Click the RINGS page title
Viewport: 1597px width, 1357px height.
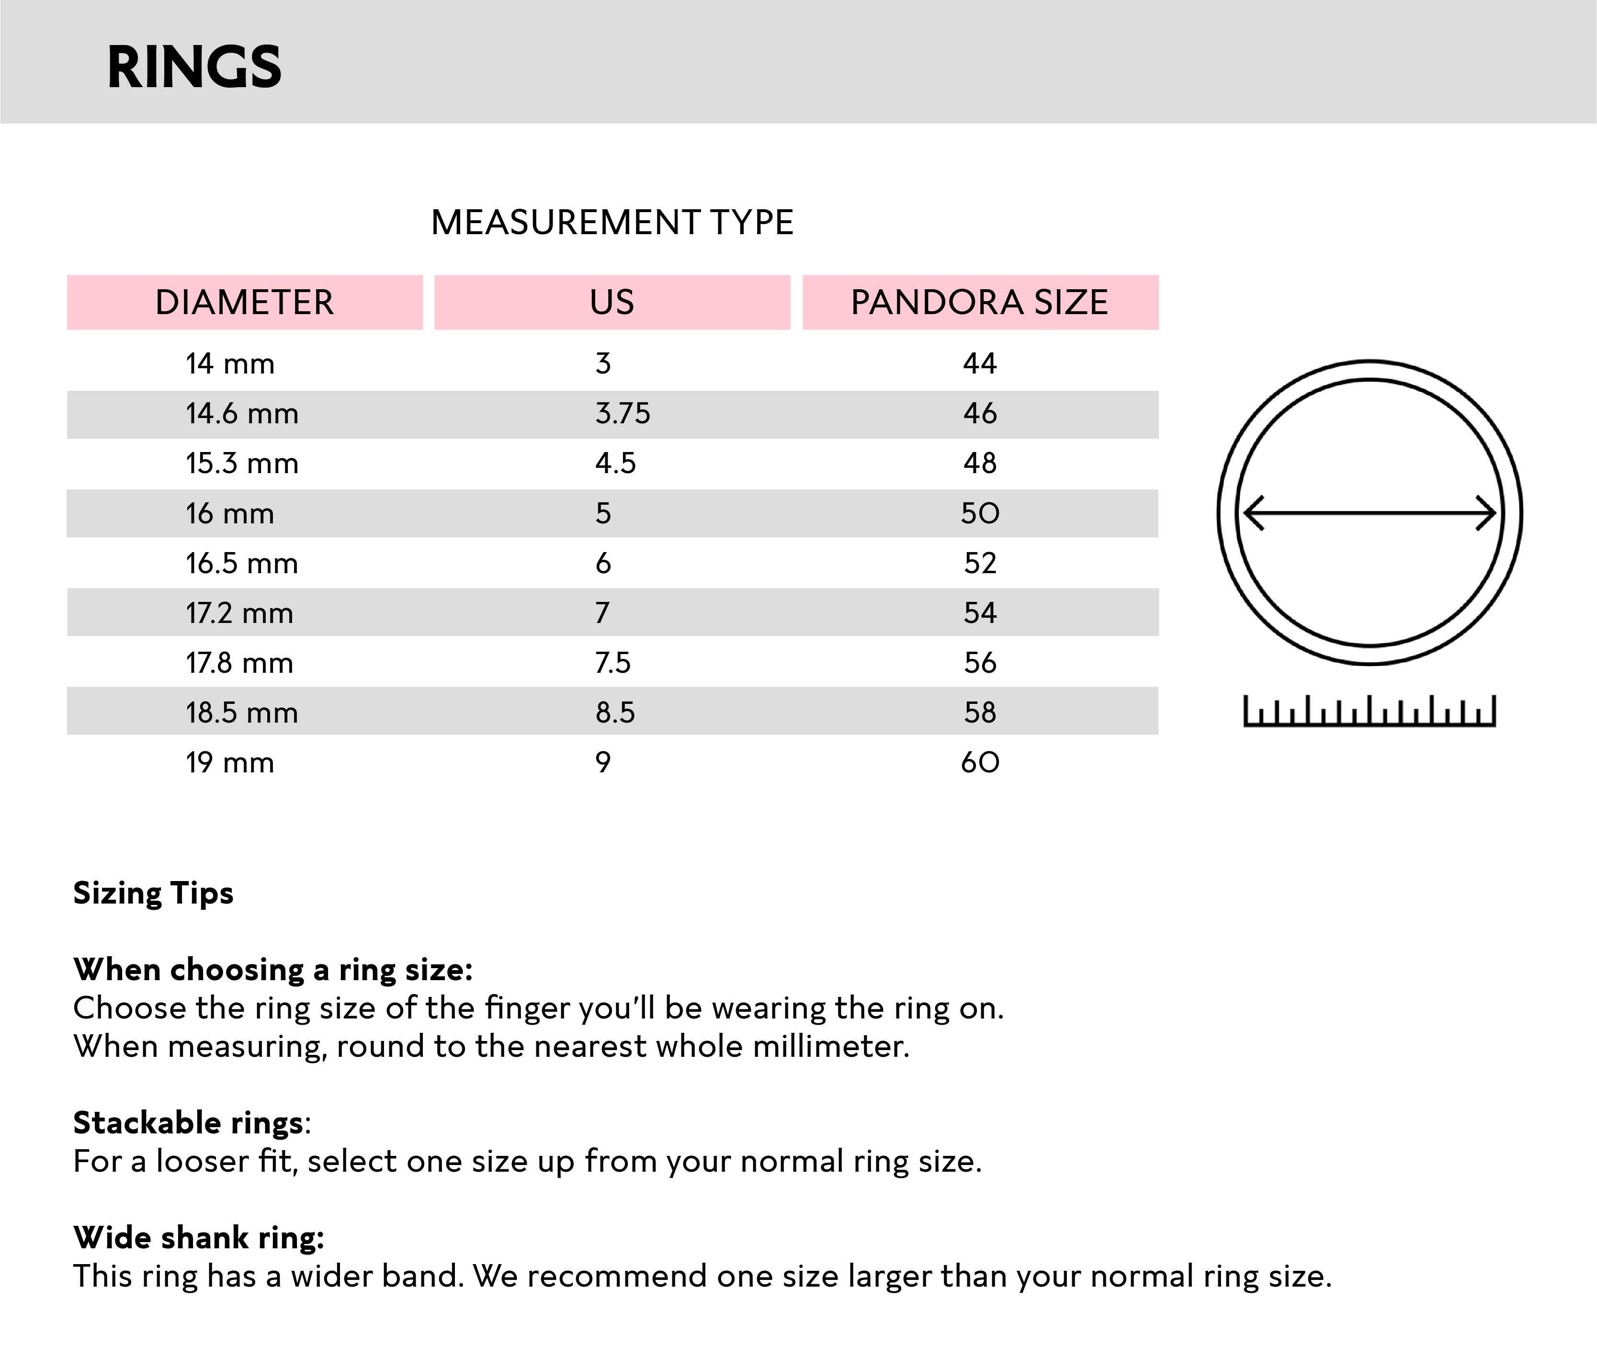point(194,68)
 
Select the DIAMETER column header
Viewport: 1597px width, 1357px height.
point(245,302)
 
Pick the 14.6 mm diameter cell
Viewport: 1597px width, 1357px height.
point(241,414)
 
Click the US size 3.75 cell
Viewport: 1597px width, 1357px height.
point(623,414)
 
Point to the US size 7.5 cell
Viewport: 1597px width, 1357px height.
point(612,663)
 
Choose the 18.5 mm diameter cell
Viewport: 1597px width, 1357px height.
point(241,713)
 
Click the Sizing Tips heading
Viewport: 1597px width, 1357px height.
point(153,893)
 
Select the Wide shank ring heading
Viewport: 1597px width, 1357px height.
point(198,1238)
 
